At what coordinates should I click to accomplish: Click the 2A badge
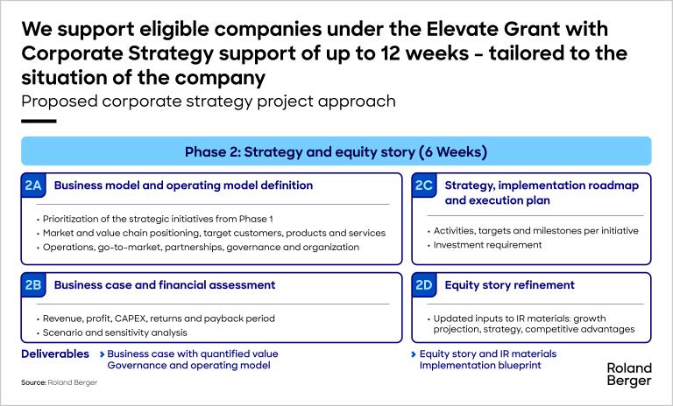pos(33,185)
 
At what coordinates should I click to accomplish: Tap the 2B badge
pos(33,285)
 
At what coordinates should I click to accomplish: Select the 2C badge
pos(424,185)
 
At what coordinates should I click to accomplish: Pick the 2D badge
pos(424,285)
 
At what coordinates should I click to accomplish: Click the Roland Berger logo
pos(629,374)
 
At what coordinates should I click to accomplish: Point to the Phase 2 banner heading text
pos(336,151)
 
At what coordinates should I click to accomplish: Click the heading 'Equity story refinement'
pos(509,285)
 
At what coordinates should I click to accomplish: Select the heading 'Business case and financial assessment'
pos(165,285)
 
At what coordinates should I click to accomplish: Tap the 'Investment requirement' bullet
pos(487,245)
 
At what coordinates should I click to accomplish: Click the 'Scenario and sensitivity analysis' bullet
pos(115,332)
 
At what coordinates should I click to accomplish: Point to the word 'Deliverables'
pos(55,353)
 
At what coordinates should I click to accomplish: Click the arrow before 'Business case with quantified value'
pos(103,354)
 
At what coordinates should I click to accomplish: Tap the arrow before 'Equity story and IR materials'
pos(414,354)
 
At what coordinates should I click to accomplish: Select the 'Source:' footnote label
pos(33,382)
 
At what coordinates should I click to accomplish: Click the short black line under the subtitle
pos(39,122)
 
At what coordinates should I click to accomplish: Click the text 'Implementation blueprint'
pos(480,365)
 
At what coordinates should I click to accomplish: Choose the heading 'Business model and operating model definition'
pos(184,185)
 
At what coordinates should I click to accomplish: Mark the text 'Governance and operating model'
pos(189,365)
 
